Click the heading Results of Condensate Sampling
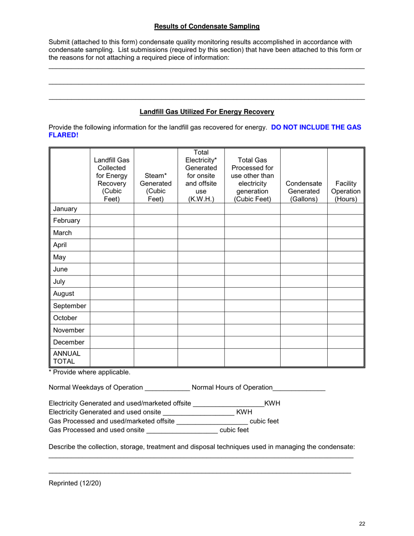pyautogui.click(x=207, y=27)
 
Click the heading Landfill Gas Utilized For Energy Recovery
pyautogui.click(x=207, y=112)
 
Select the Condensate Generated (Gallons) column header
pyautogui.click(x=303, y=191)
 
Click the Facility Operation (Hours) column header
pyautogui.click(x=346, y=191)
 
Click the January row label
pyautogui.click(x=65, y=209)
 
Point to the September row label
pyautogui.click(x=69, y=306)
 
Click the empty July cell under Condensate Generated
pyautogui.click(x=303, y=282)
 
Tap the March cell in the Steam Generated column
pyautogui.click(x=156, y=233)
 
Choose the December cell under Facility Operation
pyautogui.click(x=346, y=343)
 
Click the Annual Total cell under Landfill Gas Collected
pyautogui.click(x=112, y=357)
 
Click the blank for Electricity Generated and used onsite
pyautogui.click(x=198, y=412)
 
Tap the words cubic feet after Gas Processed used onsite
pyautogui.click(x=234, y=430)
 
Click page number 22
pyautogui.click(x=362, y=524)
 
